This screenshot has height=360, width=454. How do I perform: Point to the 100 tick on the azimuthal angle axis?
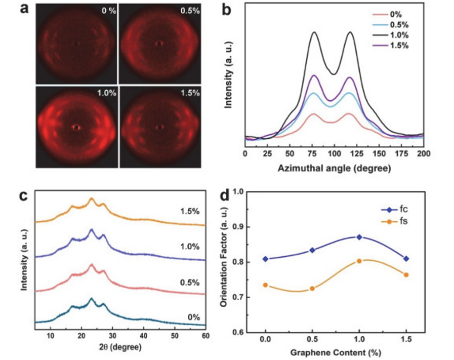coord(334,153)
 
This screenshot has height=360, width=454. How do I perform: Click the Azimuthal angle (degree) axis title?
coord(334,168)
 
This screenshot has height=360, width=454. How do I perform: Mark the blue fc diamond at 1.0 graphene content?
coord(359,237)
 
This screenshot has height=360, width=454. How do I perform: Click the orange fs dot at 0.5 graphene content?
coord(312,289)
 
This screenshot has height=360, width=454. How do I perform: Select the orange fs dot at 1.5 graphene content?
coord(406,275)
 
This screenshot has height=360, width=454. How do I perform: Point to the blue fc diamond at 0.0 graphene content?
coord(265,259)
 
